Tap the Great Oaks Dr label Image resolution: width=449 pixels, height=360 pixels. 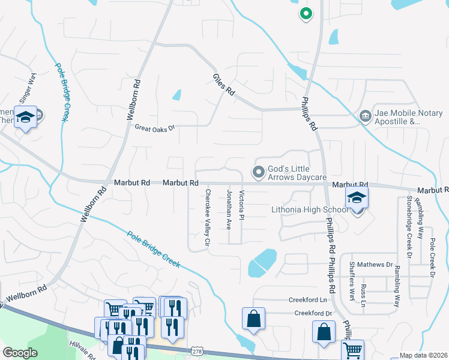pos(154,128)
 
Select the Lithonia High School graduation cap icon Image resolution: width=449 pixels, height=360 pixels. pos(357,197)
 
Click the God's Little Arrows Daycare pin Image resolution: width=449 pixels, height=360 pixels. pos(259,173)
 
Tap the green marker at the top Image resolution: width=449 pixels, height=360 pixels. pos(306,13)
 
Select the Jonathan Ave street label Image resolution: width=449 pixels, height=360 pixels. pos(229,209)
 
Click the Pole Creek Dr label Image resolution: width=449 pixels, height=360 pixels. pos(432,258)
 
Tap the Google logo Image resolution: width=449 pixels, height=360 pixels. pos(20,353)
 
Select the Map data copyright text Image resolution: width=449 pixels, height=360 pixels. pos(423,355)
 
